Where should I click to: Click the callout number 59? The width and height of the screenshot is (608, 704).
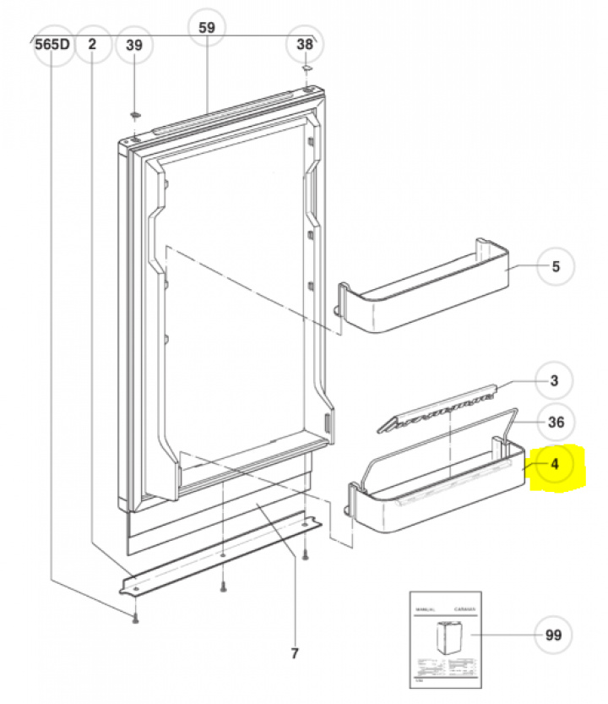pyautogui.click(x=207, y=27)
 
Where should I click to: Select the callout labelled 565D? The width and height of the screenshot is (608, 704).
pyautogui.click(x=52, y=45)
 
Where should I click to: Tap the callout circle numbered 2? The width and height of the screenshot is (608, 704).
pyautogui.click(x=92, y=45)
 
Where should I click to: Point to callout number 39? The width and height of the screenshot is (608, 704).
pyautogui.click(x=134, y=45)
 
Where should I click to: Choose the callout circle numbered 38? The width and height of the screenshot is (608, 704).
pyautogui.click(x=305, y=45)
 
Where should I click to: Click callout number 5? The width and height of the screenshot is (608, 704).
pyautogui.click(x=555, y=267)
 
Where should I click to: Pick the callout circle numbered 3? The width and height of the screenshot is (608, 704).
pyautogui.click(x=554, y=381)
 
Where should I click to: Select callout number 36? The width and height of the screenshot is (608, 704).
pyautogui.click(x=556, y=422)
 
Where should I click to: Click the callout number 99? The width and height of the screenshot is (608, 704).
pyautogui.click(x=554, y=635)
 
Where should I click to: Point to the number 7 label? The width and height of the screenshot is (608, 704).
pyautogui.click(x=295, y=652)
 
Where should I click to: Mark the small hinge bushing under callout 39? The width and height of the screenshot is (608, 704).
pyautogui.click(x=135, y=113)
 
